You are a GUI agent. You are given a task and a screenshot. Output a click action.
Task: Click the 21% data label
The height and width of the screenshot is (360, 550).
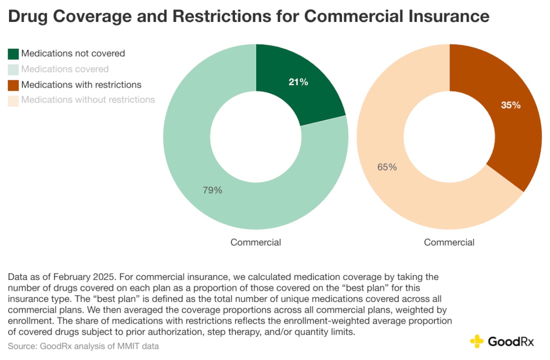[298, 82]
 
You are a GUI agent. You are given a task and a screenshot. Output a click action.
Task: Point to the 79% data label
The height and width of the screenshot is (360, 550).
[212, 190]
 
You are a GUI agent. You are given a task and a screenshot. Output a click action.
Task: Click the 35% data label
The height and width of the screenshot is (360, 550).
[511, 105]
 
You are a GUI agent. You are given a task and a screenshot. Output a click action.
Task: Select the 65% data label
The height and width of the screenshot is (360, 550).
[387, 167]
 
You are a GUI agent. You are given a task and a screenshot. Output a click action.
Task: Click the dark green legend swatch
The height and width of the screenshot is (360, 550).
[13, 54]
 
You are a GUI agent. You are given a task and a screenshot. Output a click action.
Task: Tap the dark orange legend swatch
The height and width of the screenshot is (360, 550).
[13, 85]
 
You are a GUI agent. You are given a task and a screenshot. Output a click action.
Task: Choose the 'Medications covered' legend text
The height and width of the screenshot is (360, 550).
[65, 69]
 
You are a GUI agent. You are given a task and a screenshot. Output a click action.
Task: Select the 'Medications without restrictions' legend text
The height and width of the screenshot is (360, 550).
[88, 100]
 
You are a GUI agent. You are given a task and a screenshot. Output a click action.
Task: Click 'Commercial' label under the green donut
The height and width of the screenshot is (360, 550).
[256, 242]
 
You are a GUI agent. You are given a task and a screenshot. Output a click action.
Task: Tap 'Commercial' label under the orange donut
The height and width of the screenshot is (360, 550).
[449, 242]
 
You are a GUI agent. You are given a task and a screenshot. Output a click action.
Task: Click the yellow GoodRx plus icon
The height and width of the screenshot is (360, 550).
[477, 341]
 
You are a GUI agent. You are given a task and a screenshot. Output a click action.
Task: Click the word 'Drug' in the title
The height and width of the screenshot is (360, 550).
[27, 16]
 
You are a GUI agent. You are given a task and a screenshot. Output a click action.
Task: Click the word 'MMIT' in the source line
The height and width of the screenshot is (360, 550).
[129, 346]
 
